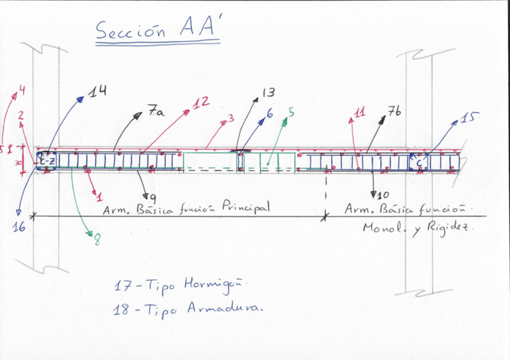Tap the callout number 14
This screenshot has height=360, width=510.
[x=97, y=91]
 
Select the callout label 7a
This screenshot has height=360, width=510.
[x=155, y=112]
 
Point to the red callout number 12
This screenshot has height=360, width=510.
[x=201, y=103]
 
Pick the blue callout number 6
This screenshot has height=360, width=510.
[x=269, y=112]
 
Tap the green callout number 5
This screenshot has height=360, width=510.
[x=291, y=112]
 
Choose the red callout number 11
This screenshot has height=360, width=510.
[x=360, y=112]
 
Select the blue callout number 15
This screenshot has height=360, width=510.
[x=467, y=117]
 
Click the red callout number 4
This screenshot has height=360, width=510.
[x=22, y=91]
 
